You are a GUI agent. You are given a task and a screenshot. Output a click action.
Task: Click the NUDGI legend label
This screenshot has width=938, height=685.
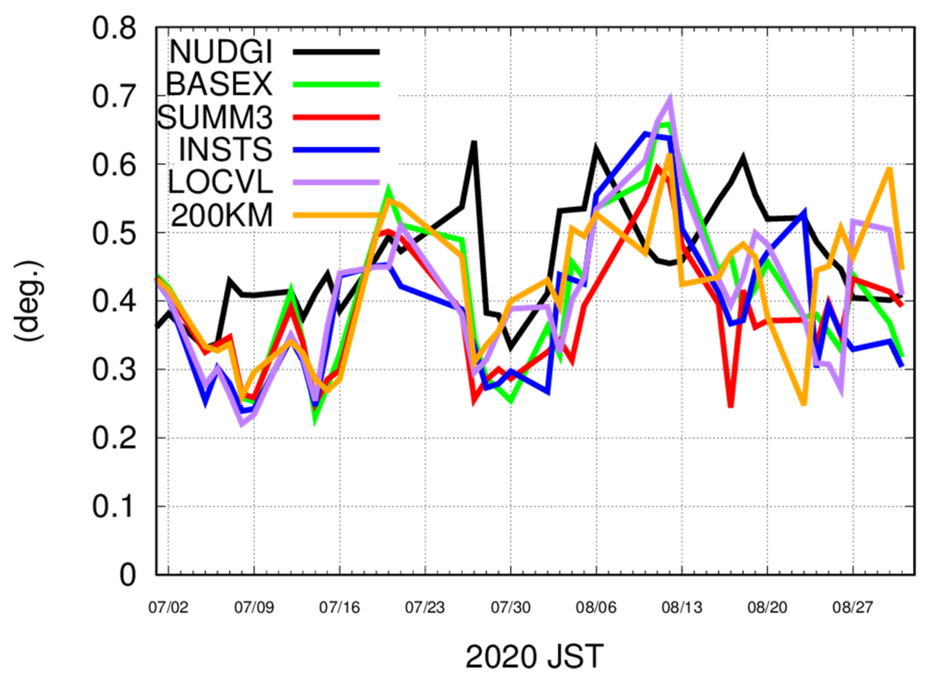click(221, 52)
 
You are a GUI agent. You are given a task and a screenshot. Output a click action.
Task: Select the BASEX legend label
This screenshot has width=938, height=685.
click(219, 84)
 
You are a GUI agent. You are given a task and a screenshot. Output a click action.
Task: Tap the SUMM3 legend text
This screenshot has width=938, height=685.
click(215, 117)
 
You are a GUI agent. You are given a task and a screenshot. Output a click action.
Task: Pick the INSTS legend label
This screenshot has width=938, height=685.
click(226, 150)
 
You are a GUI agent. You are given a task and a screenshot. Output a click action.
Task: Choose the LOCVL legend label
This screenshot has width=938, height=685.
click(220, 182)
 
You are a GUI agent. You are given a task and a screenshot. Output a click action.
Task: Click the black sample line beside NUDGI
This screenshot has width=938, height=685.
click(336, 52)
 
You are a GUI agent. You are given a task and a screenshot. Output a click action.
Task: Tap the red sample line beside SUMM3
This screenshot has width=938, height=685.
click(336, 117)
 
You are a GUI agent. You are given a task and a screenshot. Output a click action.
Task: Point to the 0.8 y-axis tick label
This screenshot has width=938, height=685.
click(114, 29)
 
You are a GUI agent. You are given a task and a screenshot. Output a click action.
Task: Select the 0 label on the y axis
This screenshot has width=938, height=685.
click(128, 575)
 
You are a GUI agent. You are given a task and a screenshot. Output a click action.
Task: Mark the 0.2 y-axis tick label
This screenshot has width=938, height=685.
click(114, 438)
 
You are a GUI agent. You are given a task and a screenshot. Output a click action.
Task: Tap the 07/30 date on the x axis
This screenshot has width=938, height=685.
click(511, 608)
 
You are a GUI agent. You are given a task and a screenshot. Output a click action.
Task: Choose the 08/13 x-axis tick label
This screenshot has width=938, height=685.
click(682, 608)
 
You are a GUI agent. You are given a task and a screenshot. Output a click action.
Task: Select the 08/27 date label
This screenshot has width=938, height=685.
click(853, 608)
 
